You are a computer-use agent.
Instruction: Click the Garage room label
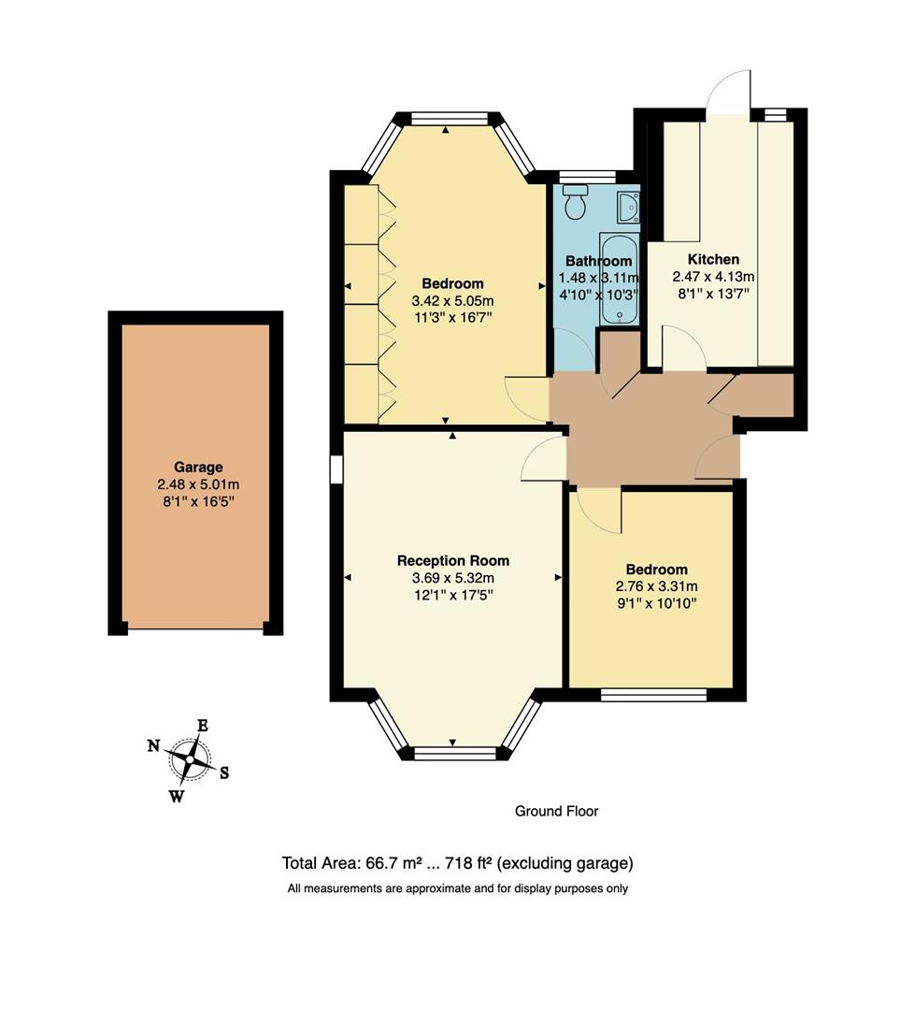pos(198,467)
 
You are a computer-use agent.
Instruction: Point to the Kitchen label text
pos(713,259)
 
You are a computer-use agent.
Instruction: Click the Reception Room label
pos(453,560)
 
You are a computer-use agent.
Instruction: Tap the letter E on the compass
pos(202,725)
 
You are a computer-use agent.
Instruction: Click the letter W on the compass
pos(176,797)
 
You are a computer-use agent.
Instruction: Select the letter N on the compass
pos(153,745)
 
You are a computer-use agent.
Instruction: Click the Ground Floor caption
pos(556,811)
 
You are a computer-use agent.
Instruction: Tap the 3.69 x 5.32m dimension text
pos(453,578)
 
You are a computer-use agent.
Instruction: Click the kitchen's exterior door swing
pos(730,92)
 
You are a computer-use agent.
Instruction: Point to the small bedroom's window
pos(653,694)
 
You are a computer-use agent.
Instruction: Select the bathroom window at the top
pos(587,176)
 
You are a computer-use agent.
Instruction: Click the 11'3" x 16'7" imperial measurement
pos(452,318)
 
